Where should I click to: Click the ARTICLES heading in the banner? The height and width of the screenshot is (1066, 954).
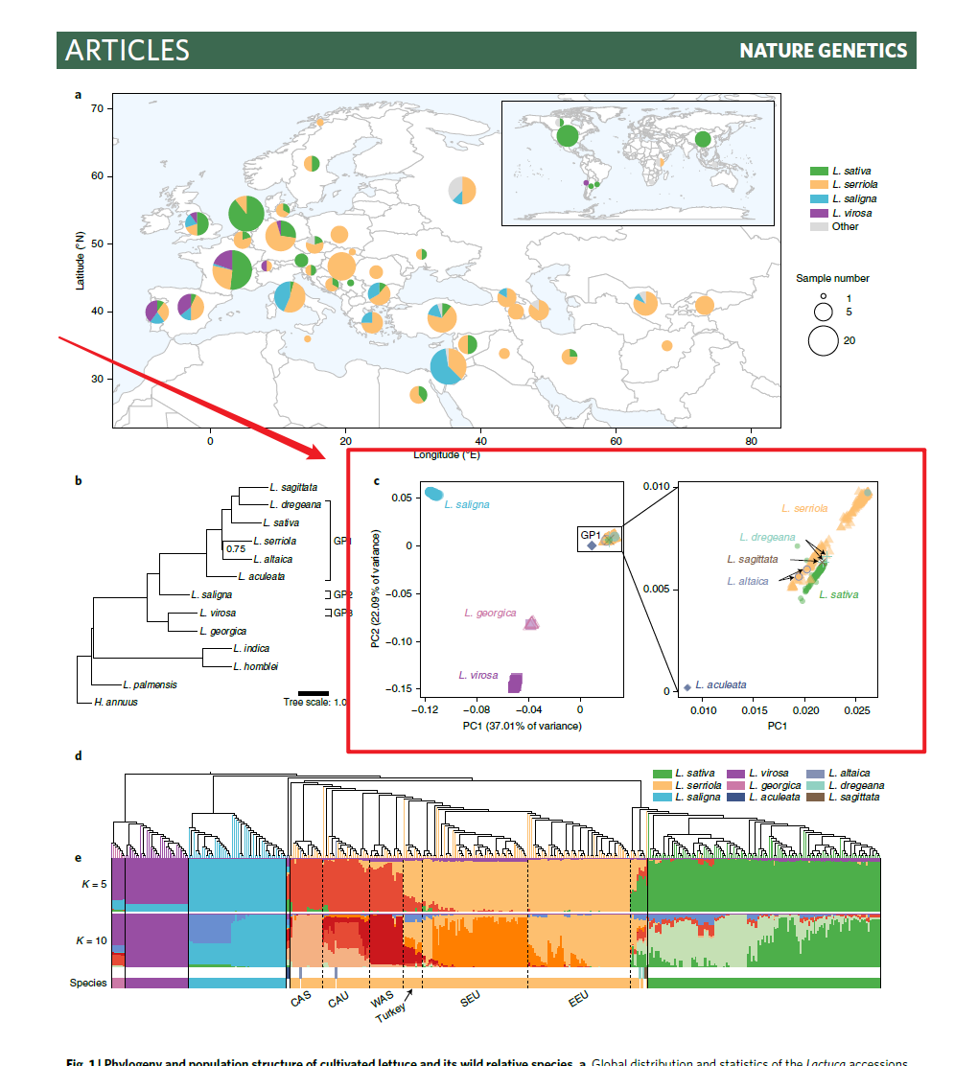pos(128,51)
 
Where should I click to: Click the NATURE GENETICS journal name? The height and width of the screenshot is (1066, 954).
pos(823,51)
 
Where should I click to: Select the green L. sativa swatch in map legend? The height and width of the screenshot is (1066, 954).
pos(819,171)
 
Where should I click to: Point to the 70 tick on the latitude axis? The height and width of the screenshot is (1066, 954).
pos(96,109)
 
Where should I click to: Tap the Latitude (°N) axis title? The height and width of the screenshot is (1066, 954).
pos(81,259)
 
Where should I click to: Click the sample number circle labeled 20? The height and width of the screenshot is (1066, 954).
pos(824,340)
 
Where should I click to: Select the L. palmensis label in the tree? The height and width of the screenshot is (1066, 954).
pos(150,685)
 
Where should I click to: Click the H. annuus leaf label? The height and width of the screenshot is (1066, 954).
pos(116,702)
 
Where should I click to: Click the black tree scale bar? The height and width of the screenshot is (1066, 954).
pos(313,691)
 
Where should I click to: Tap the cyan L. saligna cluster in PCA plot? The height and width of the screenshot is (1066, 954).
pos(434,494)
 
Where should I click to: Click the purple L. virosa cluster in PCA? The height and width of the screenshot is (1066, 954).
pos(515,683)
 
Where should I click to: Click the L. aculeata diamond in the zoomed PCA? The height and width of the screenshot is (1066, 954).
pos(687,686)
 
